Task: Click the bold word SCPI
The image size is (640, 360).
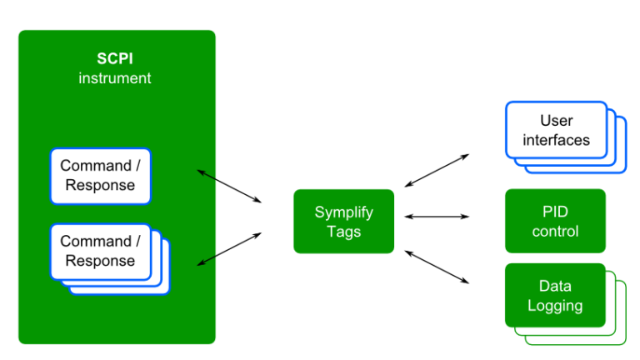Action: (115, 60)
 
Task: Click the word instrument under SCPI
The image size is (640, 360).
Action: (115, 78)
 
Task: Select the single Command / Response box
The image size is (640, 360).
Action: (100, 176)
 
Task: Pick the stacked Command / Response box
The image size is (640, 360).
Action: (100, 251)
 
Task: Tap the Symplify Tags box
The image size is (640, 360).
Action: (343, 222)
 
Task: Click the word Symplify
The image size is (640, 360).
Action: (343, 212)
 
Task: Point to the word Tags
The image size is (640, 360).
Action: (343, 232)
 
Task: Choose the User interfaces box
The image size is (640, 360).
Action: (556, 130)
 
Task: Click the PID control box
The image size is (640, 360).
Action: (555, 221)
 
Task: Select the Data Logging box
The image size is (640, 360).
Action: (555, 295)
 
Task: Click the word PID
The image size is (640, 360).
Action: (555, 212)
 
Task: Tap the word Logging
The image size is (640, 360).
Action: (555, 305)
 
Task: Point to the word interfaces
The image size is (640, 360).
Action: (556, 140)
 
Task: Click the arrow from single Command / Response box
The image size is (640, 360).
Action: (229, 186)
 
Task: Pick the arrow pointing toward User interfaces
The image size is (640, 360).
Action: (437, 170)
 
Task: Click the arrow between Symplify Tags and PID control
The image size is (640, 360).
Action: (437, 217)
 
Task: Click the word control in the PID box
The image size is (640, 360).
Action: (555, 231)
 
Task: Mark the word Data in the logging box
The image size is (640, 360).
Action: (555, 285)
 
